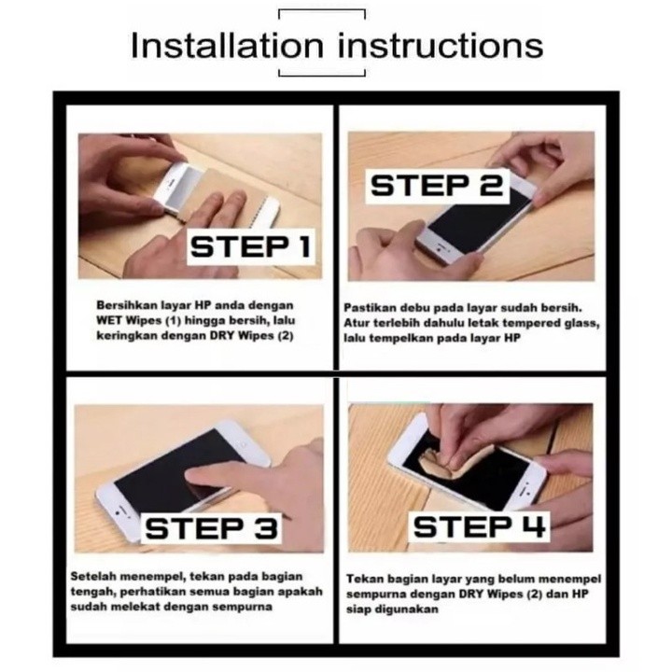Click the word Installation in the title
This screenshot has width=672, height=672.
(x=227, y=46)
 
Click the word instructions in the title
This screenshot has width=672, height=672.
(x=441, y=46)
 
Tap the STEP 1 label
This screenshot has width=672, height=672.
(x=250, y=246)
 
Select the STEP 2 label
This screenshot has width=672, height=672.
(x=437, y=185)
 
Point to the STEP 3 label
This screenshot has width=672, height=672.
(x=211, y=528)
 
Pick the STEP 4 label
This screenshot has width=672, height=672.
(x=479, y=526)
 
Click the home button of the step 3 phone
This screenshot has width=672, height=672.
(x=119, y=512)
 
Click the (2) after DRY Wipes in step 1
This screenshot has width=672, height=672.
(x=285, y=336)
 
